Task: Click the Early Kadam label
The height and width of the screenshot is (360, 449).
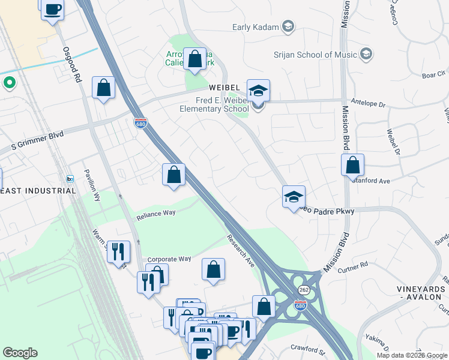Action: [257, 26]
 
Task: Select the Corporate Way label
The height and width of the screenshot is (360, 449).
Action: [169, 259]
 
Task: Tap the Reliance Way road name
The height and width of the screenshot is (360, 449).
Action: [155, 213]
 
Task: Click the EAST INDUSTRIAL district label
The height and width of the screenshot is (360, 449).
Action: [38, 191]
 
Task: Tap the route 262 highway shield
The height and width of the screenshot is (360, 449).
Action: [302, 289]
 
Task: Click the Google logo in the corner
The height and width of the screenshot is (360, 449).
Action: [20, 353]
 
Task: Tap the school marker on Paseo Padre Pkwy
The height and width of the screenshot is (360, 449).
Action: [294, 197]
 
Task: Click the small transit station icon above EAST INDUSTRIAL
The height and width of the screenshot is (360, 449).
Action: [70, 179]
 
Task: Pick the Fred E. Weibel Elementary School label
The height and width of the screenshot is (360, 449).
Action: [214, 104]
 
